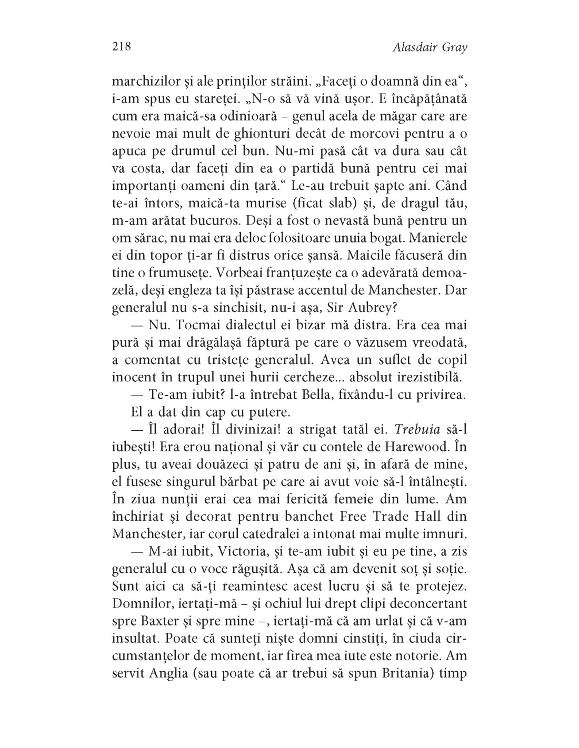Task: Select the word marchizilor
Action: [x=144, y=83]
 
